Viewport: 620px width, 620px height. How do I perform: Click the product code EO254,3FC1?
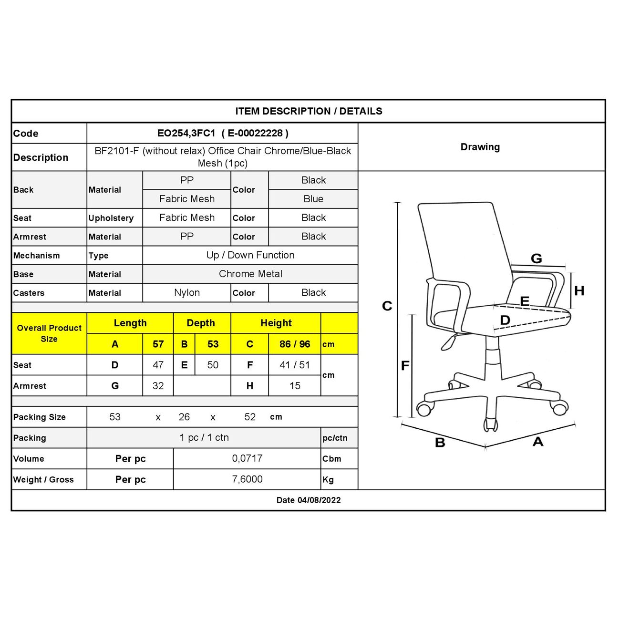click(x=186, y=134)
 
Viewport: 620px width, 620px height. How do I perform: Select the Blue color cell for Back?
click(x=313, y=199)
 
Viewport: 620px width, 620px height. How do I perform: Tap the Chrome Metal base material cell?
click(x=250, y=274)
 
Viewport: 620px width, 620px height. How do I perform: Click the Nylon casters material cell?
click(x=186, y=292)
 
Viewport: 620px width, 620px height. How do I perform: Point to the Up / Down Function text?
click(x=250, y=255)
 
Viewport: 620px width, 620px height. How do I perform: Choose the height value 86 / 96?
click(x=295, y=344)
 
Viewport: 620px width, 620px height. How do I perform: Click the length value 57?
click(x=158, y=344)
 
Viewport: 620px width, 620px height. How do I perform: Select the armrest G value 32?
click(x=158, y=385)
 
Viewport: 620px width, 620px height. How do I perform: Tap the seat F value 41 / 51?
click(x=295, y=365)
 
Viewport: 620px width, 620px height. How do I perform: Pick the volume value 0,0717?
click(x=247, y=458)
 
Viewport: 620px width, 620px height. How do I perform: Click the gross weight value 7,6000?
click(x=247, y=479)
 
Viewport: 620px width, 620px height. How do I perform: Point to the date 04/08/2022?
click(x=319, y=500)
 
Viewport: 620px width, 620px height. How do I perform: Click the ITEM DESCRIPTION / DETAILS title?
click(x=309, y=111)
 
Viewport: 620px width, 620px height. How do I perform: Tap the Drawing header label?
click(x=480, y=147)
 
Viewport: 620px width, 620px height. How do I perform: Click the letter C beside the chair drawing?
click(x=387, y=306)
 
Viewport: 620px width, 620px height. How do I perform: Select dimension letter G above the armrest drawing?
click(x=536, y=258)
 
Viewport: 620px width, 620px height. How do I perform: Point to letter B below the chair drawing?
click(x=440, y=443)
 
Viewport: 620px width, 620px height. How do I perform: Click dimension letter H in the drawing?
click(x=579, y=290)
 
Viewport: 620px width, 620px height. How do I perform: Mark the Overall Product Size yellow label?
click(x=49, y=333)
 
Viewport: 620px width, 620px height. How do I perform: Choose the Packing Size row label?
click(x=40, y=417)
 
